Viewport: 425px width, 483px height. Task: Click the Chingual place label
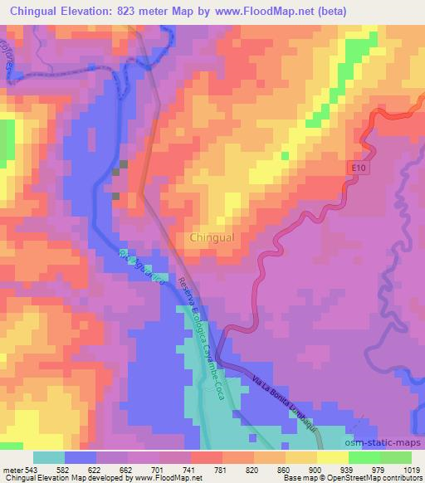[x=212, y=237]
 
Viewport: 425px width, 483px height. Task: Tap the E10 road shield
[x=356, y=168]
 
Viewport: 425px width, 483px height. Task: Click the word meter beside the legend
[x=12, y=470]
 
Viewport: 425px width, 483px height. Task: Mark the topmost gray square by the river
[x=124, y=163]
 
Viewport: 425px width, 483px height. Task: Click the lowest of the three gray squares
[x=116, y=197]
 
